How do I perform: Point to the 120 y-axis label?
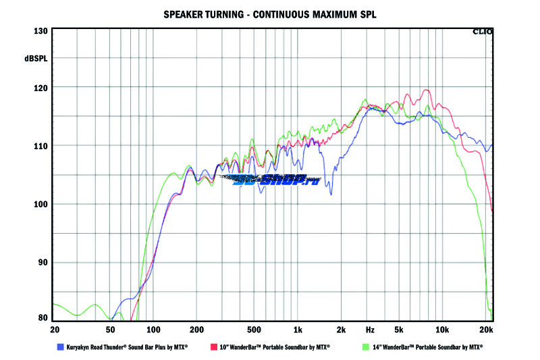40,88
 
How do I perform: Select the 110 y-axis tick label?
40,146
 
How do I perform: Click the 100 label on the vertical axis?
40,204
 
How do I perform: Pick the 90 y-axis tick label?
43,263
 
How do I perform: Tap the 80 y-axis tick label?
43,317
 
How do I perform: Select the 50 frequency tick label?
110,330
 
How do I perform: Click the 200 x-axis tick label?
196,330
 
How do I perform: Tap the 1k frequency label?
298,330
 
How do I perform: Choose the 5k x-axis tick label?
399,330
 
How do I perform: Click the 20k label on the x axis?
485,330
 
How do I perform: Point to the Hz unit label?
370,330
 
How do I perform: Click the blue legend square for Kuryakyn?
60,347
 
